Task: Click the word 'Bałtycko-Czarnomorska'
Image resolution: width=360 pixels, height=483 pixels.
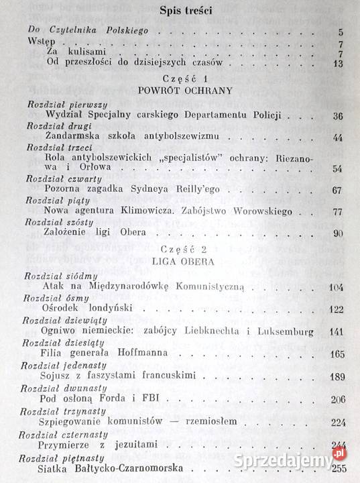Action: point(127,469)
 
